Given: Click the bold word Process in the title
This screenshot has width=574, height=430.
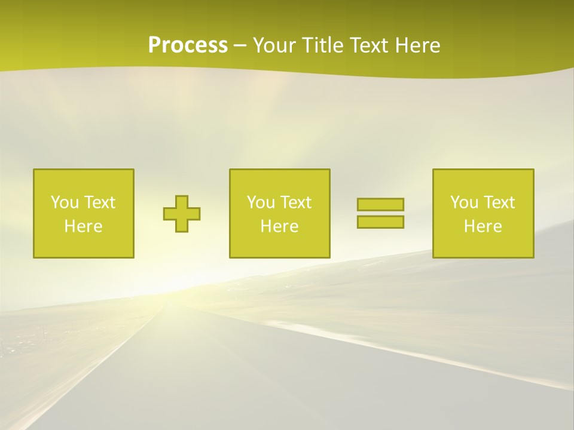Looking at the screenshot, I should (188, 45).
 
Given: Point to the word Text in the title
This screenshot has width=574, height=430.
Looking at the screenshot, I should (371, 45).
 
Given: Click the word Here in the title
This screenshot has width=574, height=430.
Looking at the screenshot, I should (418, 45).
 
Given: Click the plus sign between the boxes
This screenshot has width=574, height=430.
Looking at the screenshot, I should (182, 214).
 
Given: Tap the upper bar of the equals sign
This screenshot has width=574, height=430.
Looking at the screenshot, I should (380, 205).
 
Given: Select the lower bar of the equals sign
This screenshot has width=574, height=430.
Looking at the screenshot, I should (380, 222).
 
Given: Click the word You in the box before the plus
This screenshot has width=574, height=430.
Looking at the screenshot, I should (65, 202).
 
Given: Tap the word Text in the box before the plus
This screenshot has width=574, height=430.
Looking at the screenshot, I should (99, 202).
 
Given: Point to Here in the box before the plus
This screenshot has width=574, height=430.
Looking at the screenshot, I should (84, 226).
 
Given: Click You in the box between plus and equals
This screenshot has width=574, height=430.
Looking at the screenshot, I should (261, 202).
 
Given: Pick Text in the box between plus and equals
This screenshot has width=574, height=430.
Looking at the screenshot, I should (295, 202).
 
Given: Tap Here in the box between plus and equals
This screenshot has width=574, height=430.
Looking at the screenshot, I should (279, 226).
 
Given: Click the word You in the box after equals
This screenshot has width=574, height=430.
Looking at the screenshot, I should (464, 202).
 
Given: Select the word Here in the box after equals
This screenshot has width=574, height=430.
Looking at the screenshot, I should (483, 226).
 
